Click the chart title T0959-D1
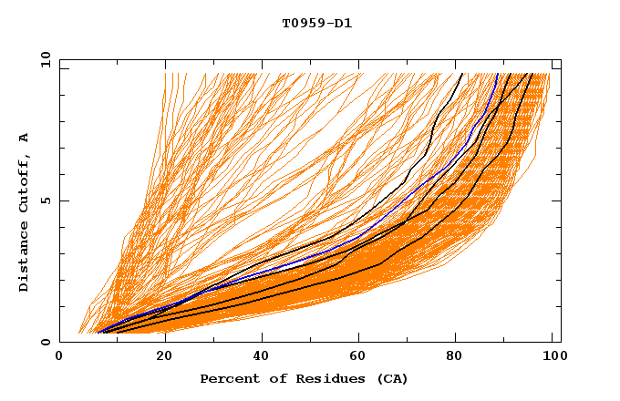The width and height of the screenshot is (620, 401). pos(317,23)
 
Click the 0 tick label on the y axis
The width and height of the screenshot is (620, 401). pos(45,342)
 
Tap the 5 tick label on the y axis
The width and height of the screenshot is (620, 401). pos(45,200)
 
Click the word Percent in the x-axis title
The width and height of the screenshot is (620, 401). pos(227,378)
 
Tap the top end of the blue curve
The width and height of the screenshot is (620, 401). pos(497,74)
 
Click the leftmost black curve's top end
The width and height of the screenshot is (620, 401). pos(462,74)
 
